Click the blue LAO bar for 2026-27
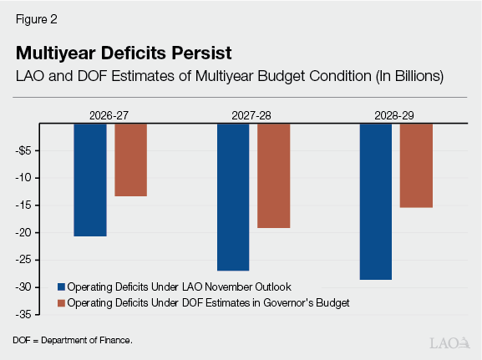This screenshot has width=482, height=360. click(90, 180)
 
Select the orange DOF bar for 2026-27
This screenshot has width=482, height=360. click(130, 160)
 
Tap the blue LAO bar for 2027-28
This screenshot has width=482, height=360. click(233, 197)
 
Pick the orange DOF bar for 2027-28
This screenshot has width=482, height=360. click(273, 175)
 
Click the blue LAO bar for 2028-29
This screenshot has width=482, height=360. click(375, 201)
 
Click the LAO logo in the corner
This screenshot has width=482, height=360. click(449, 342)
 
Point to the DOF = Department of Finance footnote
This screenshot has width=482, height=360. click(72, 341)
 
